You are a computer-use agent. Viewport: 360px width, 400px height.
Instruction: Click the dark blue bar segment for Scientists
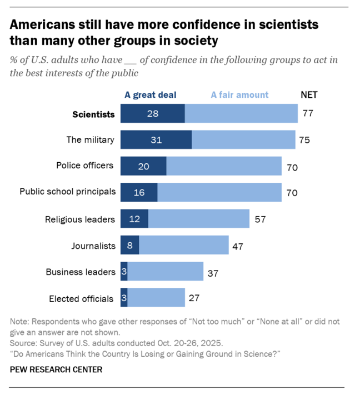coord(152,114)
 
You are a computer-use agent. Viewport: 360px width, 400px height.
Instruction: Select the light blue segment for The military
coord(243,140)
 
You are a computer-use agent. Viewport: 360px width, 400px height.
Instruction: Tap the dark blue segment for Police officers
coord(143,166)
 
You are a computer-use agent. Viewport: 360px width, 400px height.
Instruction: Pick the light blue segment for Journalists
coord(183,245)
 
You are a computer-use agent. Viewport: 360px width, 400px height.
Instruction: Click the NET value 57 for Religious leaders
coord(259,219)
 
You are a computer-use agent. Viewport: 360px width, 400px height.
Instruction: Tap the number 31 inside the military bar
coord(156,140)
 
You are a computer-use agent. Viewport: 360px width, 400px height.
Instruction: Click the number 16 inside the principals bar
coord(139,192)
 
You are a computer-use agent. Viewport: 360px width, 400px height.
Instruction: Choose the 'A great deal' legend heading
coord(150,94)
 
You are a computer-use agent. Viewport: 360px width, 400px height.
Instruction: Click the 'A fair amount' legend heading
coord(239,94)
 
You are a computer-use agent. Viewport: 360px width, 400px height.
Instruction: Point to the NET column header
coord(309,94)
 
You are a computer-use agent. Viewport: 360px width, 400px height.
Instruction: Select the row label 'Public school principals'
coord(68,192)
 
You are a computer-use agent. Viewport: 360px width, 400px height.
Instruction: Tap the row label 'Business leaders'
coord(80,272)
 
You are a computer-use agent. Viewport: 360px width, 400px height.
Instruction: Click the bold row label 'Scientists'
coord(93,114)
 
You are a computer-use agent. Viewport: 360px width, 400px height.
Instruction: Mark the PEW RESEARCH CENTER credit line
coord(56,369)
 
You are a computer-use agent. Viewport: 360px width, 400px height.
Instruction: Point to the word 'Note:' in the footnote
coord(21,322)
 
